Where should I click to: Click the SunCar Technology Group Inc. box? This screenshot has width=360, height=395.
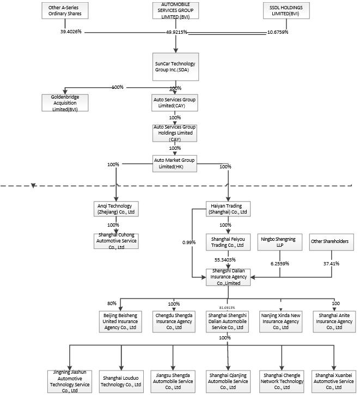point(175,67)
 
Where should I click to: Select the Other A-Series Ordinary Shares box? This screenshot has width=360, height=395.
point(65,11)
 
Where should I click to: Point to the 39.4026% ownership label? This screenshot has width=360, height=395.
point(71,32)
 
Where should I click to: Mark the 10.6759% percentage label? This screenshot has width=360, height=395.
point(277,32)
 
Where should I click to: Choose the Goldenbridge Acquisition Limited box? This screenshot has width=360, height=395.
point(65,102)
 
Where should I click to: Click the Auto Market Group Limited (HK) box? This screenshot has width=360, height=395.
point(175,163)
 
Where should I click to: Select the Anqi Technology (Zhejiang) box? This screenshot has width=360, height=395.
point(115,208)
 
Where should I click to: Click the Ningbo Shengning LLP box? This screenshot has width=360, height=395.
point(279,241)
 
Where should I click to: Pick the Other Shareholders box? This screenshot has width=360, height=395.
point(329,241)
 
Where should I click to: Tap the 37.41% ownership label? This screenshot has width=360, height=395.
point(331,263)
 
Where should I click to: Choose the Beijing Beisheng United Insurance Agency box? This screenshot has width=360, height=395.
point(120,321)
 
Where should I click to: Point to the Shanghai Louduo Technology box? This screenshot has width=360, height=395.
point(120,381)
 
